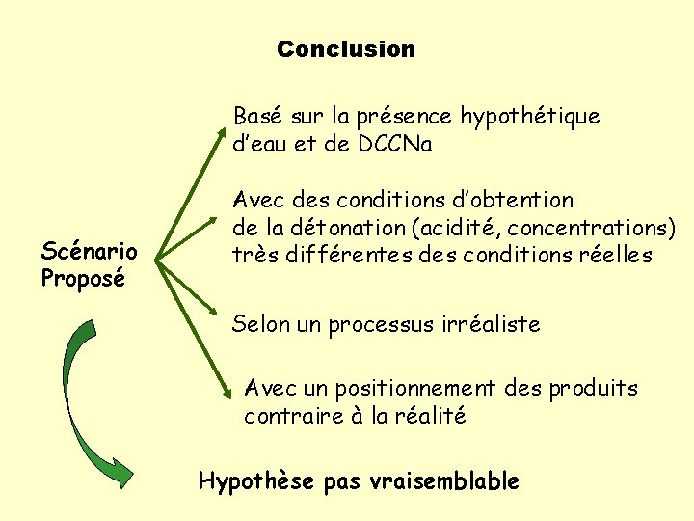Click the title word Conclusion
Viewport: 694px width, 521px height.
(x=345, y=48)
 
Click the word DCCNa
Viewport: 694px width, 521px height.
(x=394, y=145)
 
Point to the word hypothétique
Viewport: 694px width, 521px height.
(x=529, y=117)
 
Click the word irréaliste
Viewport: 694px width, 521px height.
(x=481, y=325)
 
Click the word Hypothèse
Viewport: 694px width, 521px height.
(x=255, y=480)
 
